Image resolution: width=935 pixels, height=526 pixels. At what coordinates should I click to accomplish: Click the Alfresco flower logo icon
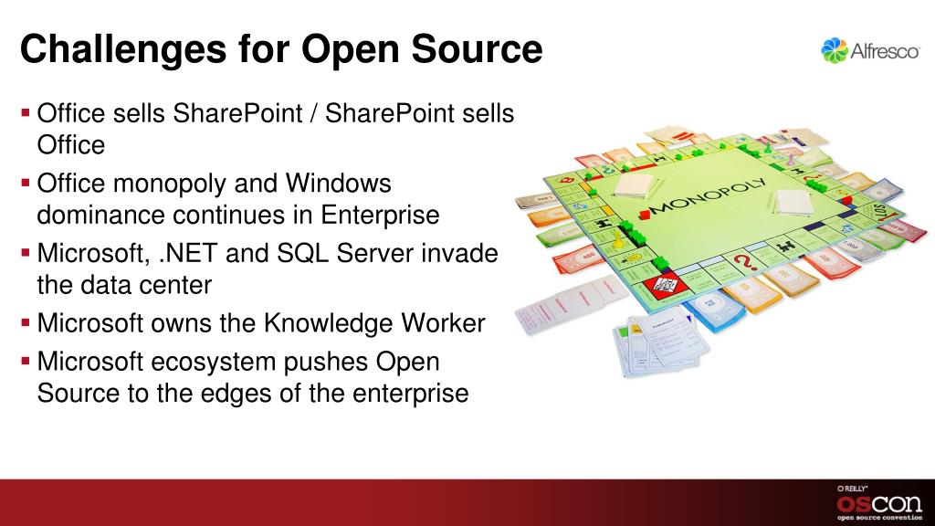(834, 50)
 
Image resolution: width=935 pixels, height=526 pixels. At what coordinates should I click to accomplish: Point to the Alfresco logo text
(885, 52)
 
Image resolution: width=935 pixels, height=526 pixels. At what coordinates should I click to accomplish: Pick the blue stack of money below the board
(709, 310)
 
